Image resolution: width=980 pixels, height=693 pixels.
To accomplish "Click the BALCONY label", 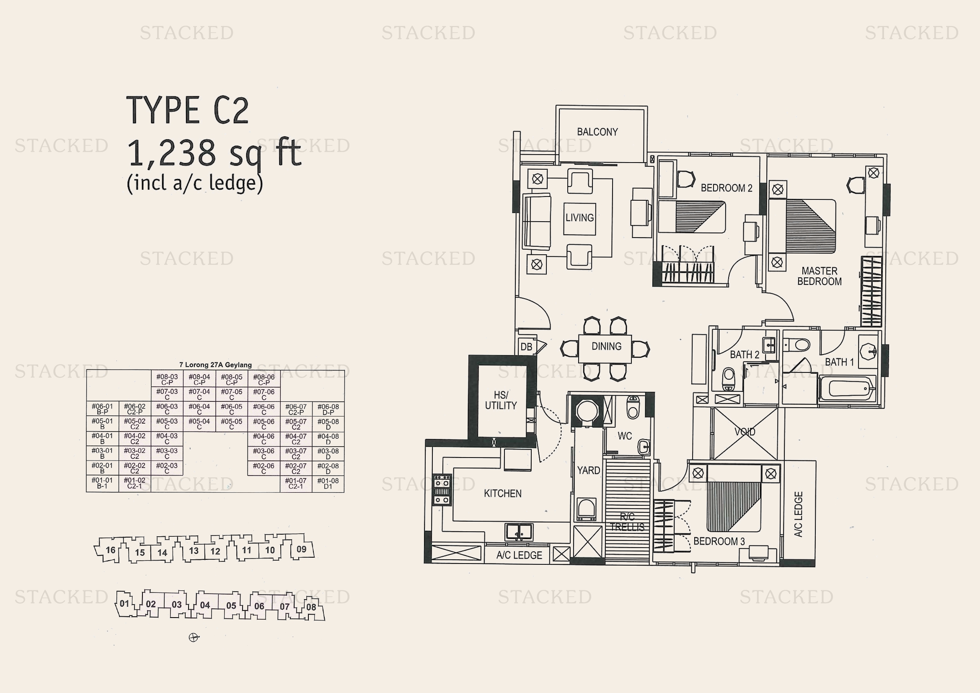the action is point(597,132).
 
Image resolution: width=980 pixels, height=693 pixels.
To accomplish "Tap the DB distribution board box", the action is point(526,346).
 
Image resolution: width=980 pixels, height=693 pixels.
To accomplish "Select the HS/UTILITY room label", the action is point(501,400).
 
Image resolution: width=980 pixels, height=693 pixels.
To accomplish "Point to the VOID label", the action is point(745,432).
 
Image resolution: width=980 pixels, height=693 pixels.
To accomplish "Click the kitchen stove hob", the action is point(442,489).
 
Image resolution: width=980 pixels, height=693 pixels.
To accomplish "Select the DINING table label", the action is point(606,346).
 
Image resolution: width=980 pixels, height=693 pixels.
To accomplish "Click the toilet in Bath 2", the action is point(728,379).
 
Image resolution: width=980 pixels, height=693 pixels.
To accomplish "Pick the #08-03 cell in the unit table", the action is point(167,379).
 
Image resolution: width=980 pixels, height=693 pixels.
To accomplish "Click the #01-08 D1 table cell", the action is point(328,484).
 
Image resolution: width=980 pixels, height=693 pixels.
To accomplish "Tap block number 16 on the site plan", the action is point(111,550).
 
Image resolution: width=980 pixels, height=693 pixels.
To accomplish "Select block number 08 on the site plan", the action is point(311,607).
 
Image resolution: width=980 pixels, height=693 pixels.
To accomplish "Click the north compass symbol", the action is point(194,638).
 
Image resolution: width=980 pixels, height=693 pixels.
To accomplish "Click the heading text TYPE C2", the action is point(187,110).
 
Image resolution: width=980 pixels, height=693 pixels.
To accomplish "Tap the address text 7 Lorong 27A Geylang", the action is point(215,365).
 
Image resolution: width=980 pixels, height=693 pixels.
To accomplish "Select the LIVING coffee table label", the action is point(579,218).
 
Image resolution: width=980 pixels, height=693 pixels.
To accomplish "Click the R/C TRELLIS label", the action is point(628,522).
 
